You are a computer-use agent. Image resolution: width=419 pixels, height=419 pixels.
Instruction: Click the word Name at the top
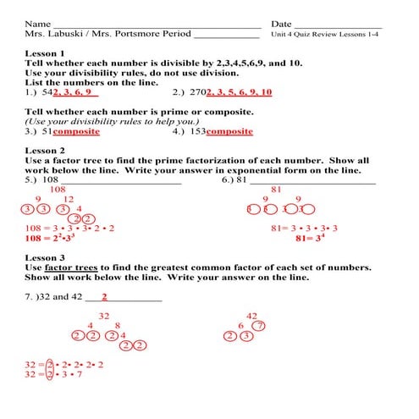coord(37,23)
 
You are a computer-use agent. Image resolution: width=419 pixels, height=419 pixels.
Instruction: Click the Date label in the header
coord(282,23)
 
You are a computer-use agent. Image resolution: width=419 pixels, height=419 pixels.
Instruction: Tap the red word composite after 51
coord(77,131)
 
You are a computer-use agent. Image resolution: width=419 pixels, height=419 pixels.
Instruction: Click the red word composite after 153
coord(229,131)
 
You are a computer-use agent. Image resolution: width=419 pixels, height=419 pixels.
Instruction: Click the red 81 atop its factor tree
coord(276,190)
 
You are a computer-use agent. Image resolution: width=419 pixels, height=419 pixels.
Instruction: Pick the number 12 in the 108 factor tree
coord(69,200)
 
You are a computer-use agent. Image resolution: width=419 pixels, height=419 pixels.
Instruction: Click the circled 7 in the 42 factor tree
coord(260,326)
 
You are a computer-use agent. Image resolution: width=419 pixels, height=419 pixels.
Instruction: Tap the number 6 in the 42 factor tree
coord(241,326)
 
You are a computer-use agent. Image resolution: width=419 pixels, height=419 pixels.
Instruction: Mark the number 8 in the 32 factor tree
coord(118,326)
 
